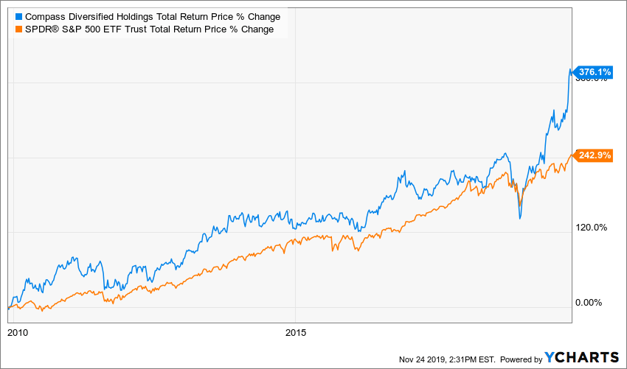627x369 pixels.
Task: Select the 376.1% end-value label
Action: pyautogui.click(x=594, y=72)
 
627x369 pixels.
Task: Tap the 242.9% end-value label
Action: pyautogui.click(x=594, y=155)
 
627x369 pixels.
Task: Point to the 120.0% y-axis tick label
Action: pyautogui.click(x=591, y=228)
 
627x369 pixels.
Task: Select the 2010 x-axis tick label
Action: pyautogui.click(x=18, y=332)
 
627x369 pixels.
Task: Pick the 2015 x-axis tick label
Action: pyautogui.click(x=296, y=332)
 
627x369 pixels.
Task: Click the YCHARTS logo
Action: pyautogui.click(x=582, y=357)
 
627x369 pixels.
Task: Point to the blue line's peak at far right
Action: pyautogui.click(x=569, y=70)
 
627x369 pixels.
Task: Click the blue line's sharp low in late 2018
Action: pyautogui.click(x=520, y=218)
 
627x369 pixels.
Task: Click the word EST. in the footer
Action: pyautogui.click(x=488, y=359)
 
